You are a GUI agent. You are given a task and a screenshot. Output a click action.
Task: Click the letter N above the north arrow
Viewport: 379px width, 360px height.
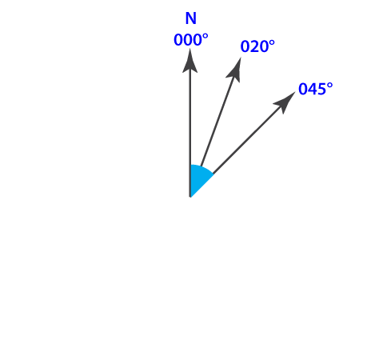click(x=191, y=18)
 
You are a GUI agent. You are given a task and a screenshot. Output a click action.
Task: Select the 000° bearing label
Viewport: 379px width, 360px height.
click(x=191, y=40)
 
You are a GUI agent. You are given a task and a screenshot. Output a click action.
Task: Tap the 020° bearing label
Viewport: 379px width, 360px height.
click(x=257, y=46)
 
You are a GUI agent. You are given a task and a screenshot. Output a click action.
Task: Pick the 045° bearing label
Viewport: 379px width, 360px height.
click(x=316, y=89)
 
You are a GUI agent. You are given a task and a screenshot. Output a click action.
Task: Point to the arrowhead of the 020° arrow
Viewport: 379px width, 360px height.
click(x=235, y=70)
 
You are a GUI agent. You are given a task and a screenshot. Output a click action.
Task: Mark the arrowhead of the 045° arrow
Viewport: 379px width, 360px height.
click(x=285, y=102)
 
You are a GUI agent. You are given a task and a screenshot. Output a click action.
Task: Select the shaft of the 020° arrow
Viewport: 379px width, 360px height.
click(x=217, y=122)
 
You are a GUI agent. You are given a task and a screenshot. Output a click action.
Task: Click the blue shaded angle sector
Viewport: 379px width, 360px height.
click(x=198, y=178)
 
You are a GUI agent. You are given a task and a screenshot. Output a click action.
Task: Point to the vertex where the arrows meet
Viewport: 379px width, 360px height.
click(x=190, y=197)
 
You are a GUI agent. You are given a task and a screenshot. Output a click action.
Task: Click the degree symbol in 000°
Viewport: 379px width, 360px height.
click(x=205, y=37)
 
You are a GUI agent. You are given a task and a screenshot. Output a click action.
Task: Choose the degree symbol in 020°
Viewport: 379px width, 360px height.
click(x=272, y=43)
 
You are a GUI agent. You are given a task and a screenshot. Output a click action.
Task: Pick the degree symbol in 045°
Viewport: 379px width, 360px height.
click(x=330, y=86)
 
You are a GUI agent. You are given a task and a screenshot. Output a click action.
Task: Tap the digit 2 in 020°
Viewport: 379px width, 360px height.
click(x=254, y=46)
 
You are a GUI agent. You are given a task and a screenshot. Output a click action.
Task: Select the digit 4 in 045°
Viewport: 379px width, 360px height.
click(x=313, y=89)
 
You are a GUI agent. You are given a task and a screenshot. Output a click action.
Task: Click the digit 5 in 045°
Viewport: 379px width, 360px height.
click(x=321, y=89)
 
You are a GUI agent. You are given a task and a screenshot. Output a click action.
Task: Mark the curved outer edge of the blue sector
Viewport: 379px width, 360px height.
click(x=203, y=167)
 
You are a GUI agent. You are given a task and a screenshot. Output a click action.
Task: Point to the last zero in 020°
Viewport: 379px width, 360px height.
click(x=264, y=46)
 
